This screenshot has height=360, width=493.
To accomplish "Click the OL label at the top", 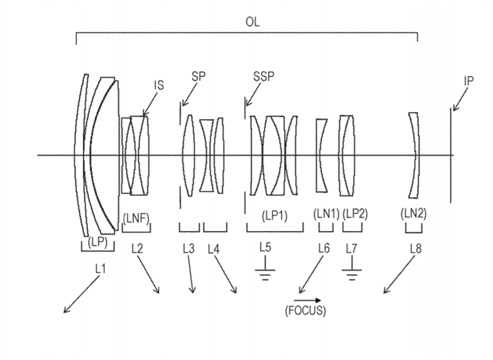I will point(252,22).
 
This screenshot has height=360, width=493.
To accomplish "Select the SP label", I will point(199,77).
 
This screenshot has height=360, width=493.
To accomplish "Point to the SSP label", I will point(264,76).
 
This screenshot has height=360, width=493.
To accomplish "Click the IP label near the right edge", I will point(468,81).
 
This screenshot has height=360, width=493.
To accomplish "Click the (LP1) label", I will point(275,214).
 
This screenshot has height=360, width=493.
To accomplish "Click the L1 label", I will point(100,268).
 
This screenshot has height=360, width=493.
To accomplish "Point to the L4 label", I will point(215,248).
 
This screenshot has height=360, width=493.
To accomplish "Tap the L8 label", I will point(415,248).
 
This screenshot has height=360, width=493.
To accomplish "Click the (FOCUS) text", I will point(306,310).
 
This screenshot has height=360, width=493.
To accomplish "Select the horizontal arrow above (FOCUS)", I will point(308,299).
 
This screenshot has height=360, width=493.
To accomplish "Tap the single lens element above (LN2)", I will point(413,156).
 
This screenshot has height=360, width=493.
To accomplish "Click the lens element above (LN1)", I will point(322,156).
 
